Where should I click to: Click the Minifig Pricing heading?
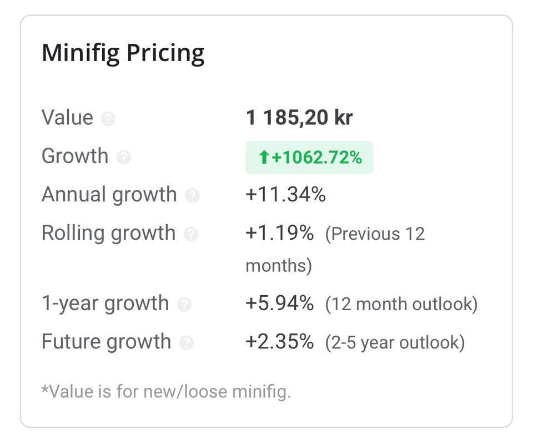click(123, 54)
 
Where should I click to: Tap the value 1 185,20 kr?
click(299, 118)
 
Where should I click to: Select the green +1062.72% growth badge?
click(309, 158)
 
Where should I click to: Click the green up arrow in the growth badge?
click(264, 158)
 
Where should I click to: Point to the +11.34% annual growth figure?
click(285, 194)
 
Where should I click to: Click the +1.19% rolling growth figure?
click(279, 233)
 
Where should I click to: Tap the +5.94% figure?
click(279, 303)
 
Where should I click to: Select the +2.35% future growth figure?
click(279, 341)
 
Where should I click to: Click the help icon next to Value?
click(108, 119)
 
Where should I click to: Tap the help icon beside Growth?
click(124, 158)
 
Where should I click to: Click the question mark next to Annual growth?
click(192, 196)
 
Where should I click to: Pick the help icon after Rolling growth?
click(190, 234)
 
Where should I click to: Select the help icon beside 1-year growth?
click(184, 305)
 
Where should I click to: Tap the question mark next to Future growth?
click(187, 343)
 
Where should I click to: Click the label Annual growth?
click(109, 195)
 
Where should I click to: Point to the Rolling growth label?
click(108, 234)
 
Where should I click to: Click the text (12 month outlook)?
click(401, 304)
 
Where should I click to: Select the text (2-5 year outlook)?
click(395, 342)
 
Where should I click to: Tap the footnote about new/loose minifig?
click(166, 391)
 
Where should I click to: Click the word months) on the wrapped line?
click(279, 266)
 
